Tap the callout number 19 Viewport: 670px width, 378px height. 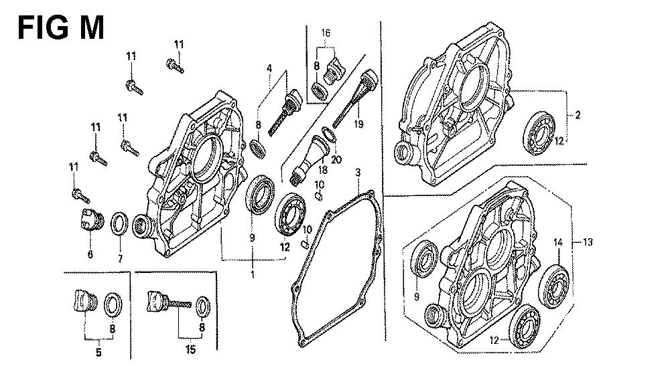[358, 124]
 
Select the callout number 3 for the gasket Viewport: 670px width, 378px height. [358, 173]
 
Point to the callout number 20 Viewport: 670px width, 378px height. [337, 159]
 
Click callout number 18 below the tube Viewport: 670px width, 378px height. [323, 169]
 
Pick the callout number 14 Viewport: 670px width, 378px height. [558, 242]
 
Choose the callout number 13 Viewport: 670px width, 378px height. [588, 242]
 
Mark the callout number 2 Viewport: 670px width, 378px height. [578, 114]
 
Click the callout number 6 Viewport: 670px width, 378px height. [90, 254]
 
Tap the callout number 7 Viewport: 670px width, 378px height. [120, 258]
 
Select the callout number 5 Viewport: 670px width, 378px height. [98, 353]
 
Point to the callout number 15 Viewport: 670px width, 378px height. [190, 350]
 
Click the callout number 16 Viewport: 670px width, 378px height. [326, 32]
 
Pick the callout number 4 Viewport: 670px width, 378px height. [269, 68]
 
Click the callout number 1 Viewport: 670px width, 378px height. [253, 274]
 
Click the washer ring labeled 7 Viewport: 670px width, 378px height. [119, 223]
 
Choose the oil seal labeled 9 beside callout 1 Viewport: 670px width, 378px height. [260, 195]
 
